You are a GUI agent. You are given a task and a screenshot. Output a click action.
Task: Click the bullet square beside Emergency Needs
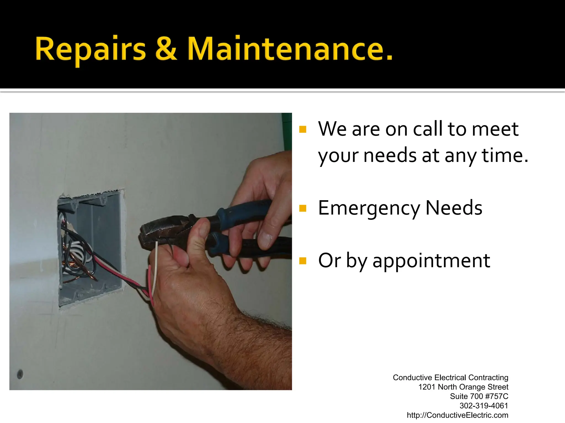[x=303, y=208]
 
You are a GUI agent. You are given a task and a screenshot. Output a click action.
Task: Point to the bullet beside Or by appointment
[x=303, y=261]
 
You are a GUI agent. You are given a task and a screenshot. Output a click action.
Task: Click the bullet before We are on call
[x=303, y=129]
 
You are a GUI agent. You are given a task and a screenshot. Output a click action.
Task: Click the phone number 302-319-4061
[x=484, y=406]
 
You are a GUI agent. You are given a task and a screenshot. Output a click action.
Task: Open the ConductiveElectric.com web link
[x=457, y=415]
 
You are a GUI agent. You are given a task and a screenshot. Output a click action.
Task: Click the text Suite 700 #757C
[x=479, y=396]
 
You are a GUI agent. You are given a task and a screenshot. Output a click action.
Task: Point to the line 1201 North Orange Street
[x=463, y=387]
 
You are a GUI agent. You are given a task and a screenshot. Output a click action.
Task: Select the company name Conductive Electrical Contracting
[x=450, y=378]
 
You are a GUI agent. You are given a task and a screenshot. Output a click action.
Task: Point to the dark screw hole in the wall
[x=20, y=374]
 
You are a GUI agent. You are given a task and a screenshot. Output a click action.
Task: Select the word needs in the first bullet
[x=390, y=156]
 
